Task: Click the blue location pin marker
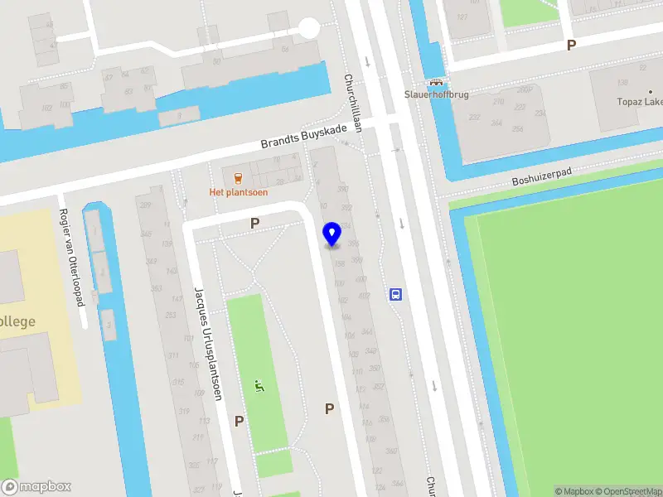click(332, 234)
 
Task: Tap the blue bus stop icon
click(396, 294)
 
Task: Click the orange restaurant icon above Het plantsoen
click(239, 176)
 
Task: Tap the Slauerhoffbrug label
click(436, 95)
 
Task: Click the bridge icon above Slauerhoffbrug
click(435, 83)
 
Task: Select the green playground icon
click(260, 385)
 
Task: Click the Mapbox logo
click(36, 487)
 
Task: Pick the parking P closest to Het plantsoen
click(254, 223)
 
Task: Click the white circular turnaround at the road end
click(309, 29)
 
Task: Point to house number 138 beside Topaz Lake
click(623, 82)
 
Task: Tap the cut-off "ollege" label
click(17, 321)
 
